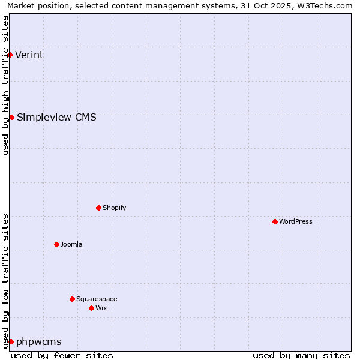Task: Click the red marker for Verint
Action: [10, 55]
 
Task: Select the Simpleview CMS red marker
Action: [11, 117]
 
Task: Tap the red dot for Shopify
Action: [98, 208]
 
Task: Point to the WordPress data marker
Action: [275, 221]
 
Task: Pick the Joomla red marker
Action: [56, 244]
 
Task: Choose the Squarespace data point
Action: [72, 299]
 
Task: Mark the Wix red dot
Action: [91, 308]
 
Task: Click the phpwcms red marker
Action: [11, 341]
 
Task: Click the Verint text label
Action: [29, 55]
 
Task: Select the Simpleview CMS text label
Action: [56, 117]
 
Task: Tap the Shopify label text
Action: [114, 208]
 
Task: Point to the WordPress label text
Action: [296, 221]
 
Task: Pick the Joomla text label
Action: [71, 244]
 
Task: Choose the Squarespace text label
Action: [97, 299]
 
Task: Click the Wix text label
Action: [101, 308]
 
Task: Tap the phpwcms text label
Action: [39, 341]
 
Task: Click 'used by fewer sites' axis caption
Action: [62, 355]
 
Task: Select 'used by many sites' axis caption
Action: [301, 355]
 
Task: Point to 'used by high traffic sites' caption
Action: [6, 85]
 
